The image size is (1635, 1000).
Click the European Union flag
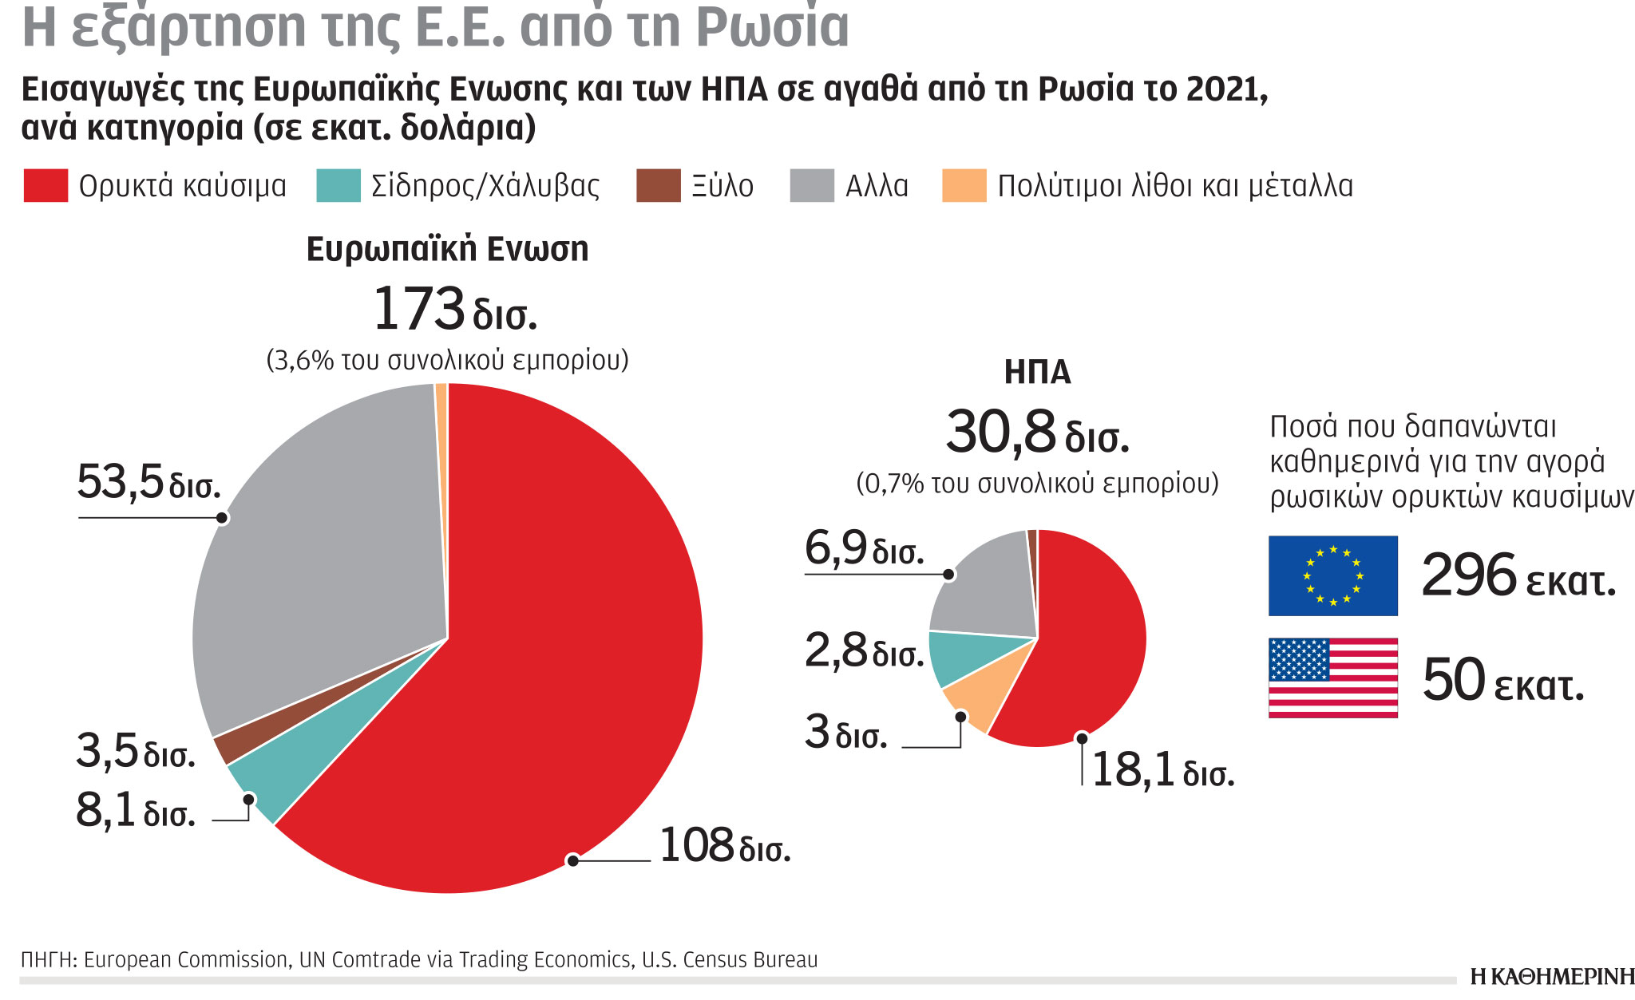1332,575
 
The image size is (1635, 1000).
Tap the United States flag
1332,678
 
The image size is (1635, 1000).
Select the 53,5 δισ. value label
148,483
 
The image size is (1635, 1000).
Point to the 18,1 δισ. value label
1162,771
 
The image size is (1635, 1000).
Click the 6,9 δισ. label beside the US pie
864,549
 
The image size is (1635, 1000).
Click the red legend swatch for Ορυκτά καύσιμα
46,185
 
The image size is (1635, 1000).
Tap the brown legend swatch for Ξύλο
658,185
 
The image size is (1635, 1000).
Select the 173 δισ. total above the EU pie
454,310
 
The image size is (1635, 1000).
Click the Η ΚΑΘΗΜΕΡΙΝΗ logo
1552,977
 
